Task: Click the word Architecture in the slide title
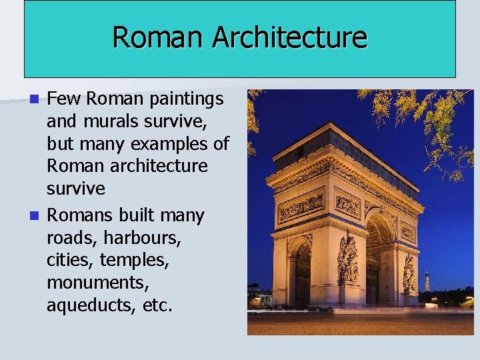[x=289, y=37]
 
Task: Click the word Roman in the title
[x=159, y=37]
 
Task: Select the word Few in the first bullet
[x=65, y=99]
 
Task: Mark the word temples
[x=136, y=261]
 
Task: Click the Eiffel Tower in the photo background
[x=427, y=280]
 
